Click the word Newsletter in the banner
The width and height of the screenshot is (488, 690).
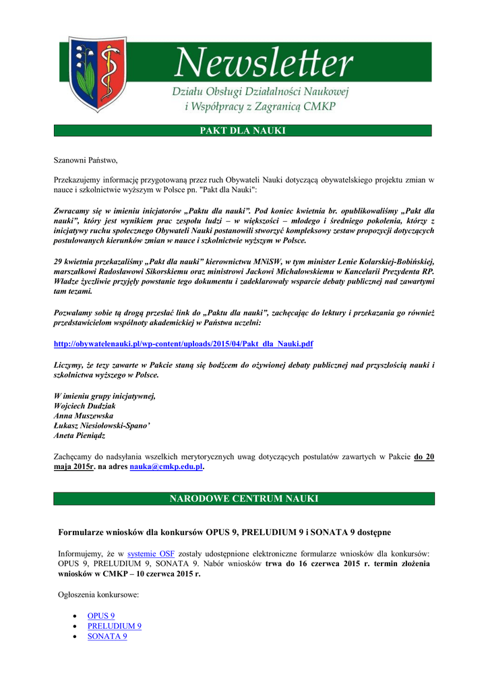pos(264,65)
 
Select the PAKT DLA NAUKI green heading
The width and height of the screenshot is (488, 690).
pos(243,131)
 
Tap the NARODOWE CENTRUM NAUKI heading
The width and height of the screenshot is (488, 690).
pos(243,499)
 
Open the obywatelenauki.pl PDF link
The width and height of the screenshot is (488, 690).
pos(183,344)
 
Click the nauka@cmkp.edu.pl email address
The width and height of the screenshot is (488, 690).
pos(166,466)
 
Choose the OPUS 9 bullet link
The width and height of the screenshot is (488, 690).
pos(101,616)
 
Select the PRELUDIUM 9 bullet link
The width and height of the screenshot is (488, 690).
pos(114,626)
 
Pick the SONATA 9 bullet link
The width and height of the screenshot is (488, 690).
pos(107,636)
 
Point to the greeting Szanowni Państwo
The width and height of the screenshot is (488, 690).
pos(86,160)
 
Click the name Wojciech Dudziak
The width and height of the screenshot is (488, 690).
pos(86,406)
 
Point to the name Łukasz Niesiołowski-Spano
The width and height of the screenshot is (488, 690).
pos(102,426)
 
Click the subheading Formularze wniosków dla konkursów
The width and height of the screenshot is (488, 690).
pos(224,532)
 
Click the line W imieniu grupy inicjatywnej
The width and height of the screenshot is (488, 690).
pos(104,396)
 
